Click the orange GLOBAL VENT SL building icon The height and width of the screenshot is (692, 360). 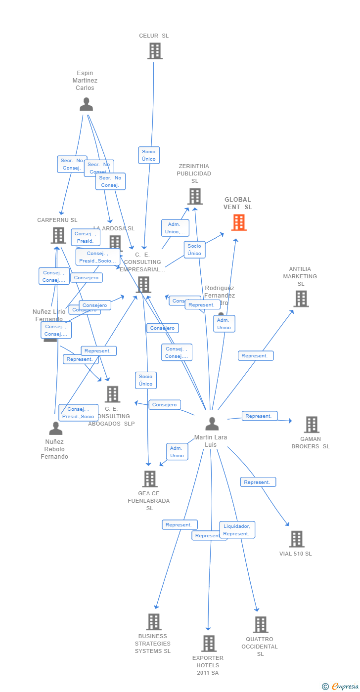tap(239, 223)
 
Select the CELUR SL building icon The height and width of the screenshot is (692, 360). tap(155, 51)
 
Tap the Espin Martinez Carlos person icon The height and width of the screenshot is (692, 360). tap(86, 104)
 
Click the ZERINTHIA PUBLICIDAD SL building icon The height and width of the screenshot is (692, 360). tap(195, 197)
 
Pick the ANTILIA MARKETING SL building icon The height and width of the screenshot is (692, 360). tap(301, 299)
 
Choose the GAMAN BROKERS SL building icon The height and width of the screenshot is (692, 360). tap(311, 425)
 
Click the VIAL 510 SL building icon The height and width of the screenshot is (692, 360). tap(297, 539)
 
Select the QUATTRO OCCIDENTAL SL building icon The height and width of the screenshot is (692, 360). tap(261, 625)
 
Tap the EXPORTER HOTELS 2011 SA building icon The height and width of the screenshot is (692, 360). tap(209, 644)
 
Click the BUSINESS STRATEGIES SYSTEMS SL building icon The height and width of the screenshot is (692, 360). tap(153, 622)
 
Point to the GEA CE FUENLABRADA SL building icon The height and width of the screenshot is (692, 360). tap(150, 479)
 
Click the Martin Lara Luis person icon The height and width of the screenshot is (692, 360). tap(212, 424)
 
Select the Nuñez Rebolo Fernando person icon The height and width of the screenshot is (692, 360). tap(56, 428)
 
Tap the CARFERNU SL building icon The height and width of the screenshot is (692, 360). tap(58, 235)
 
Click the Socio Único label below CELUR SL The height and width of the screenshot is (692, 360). tap(149, 155)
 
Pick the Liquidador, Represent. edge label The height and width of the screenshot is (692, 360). tap(237, 530)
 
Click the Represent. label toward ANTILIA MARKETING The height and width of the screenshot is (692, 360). tap(256, 356)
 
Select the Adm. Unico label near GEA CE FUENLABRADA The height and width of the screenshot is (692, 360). tap(177, 452)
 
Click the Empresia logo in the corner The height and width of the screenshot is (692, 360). tap(341, 686)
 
